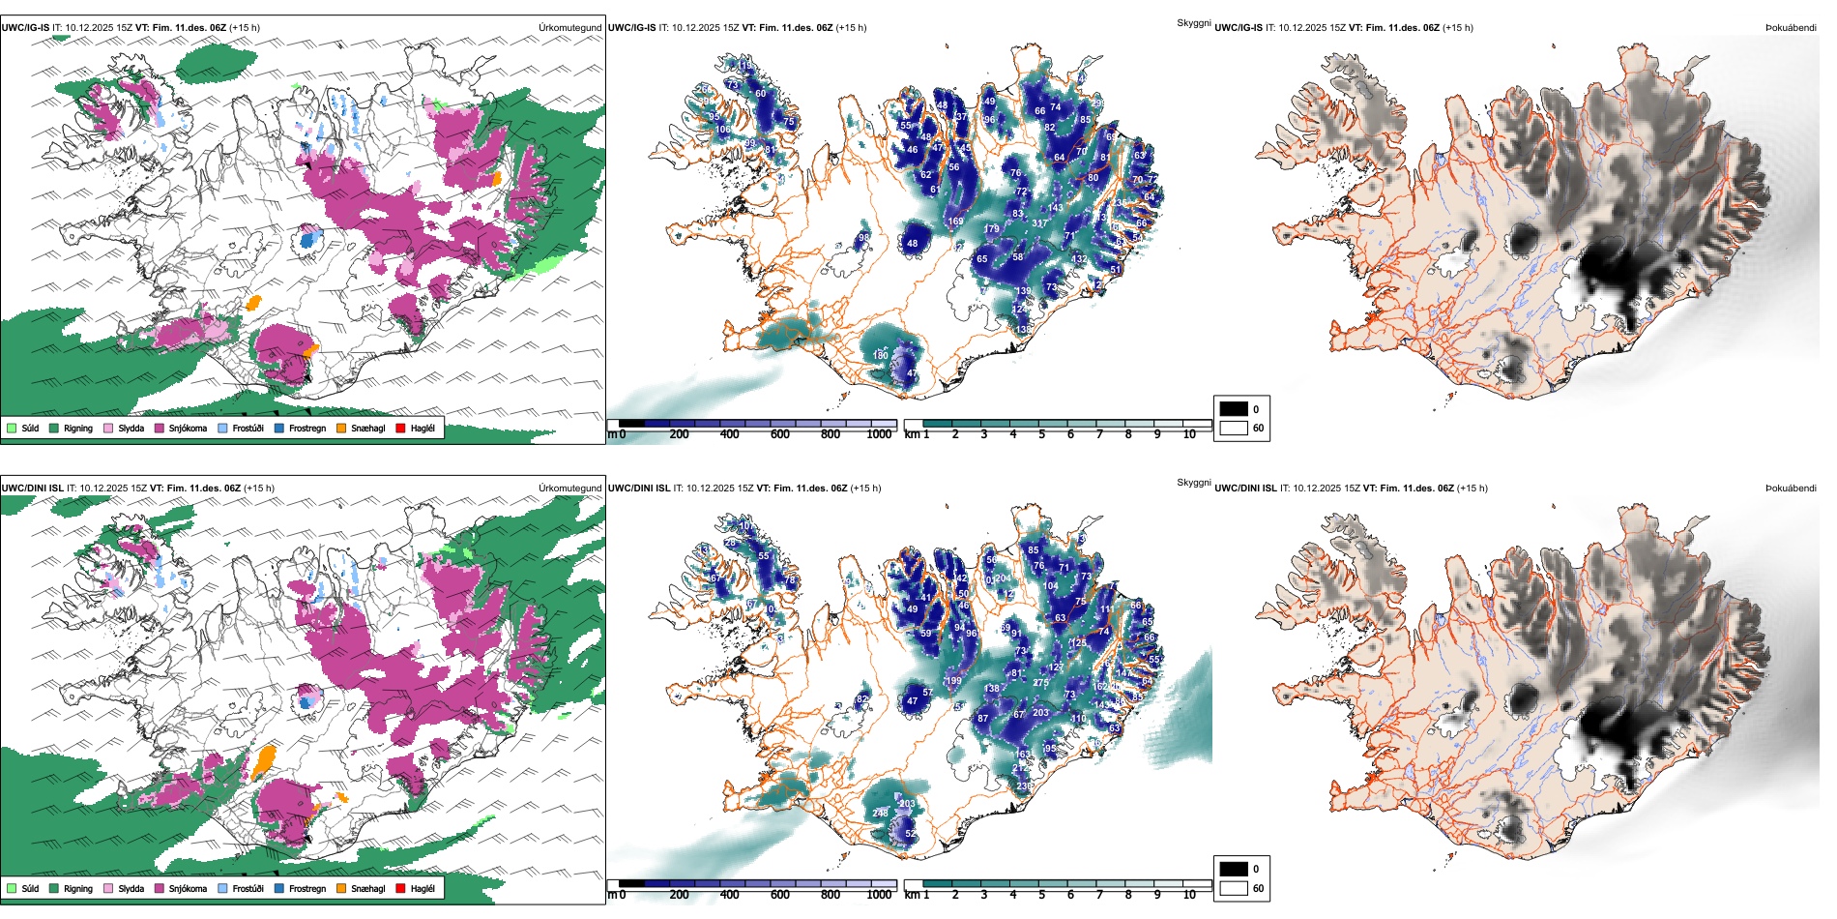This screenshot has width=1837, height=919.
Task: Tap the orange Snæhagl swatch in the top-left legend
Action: click(342, 428)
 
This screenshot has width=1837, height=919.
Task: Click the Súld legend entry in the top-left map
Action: click(23, 428)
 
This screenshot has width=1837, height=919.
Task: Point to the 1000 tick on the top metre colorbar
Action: click(879, 434)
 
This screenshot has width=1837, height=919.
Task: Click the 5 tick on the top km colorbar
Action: click(1041, 434)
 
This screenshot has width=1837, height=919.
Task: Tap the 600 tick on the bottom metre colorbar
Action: click(780, 895)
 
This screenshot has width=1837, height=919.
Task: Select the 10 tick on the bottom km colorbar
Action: click(1189, 895)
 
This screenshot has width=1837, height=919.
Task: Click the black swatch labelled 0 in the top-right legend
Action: click(1234, 409)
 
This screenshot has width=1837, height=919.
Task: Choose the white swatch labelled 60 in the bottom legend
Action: click(1234, 888)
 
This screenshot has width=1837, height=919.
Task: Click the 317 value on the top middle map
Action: click(1039, 223)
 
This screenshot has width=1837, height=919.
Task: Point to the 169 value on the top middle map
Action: click(955, 222)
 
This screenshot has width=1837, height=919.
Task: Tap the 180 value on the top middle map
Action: click(880, 356)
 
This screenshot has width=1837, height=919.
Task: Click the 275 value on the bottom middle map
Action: click(1040, 683)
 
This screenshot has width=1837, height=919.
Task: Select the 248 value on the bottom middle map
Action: click(880, 814)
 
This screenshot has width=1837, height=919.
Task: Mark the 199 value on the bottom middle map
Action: click(954, 681)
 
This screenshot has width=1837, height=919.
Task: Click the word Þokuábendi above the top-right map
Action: click(1791, 28)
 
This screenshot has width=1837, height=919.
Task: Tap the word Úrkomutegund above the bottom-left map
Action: click(570, 489)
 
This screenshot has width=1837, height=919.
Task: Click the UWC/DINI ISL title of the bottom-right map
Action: click(1245, 489)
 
